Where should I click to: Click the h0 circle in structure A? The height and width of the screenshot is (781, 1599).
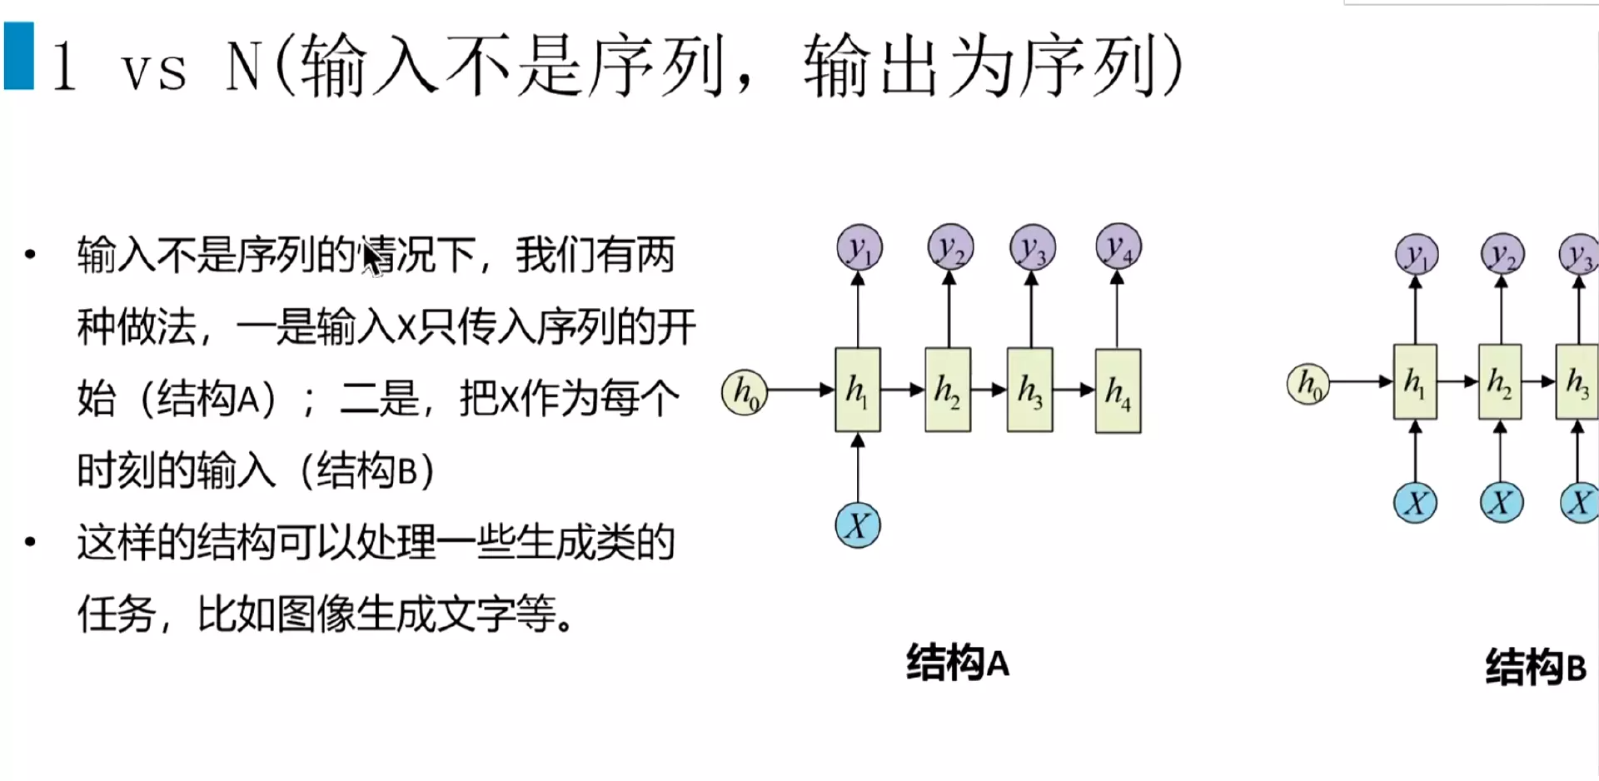coord(744,392)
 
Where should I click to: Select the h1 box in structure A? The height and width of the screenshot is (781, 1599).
coord(857,390)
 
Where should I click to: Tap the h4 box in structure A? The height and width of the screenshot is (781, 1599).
coord(1118,391)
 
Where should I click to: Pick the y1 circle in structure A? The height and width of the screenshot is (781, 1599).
coord(859,247)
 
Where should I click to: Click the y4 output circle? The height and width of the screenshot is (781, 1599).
coord(1118,246)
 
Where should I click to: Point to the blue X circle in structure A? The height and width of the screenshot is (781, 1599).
coord(858,525)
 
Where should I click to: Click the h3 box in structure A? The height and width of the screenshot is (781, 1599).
coord(1029,390)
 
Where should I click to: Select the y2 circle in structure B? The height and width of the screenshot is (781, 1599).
coord(1502,254)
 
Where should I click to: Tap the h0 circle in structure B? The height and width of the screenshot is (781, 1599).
coord(1308,384)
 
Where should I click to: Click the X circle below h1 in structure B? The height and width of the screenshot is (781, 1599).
coord(1415,503)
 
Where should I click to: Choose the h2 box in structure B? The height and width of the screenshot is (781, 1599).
coord(1500,382)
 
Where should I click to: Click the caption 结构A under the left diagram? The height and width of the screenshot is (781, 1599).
coord(958,664)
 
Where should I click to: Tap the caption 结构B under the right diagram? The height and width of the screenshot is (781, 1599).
coord(1536,668)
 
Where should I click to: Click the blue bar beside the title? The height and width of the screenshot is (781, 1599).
coord(18,55)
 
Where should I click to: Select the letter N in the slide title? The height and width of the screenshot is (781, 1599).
coord(245,67)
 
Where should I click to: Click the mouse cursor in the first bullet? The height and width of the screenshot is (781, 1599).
coord(371,257)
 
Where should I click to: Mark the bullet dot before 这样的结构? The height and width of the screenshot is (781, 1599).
coord(31,542)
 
